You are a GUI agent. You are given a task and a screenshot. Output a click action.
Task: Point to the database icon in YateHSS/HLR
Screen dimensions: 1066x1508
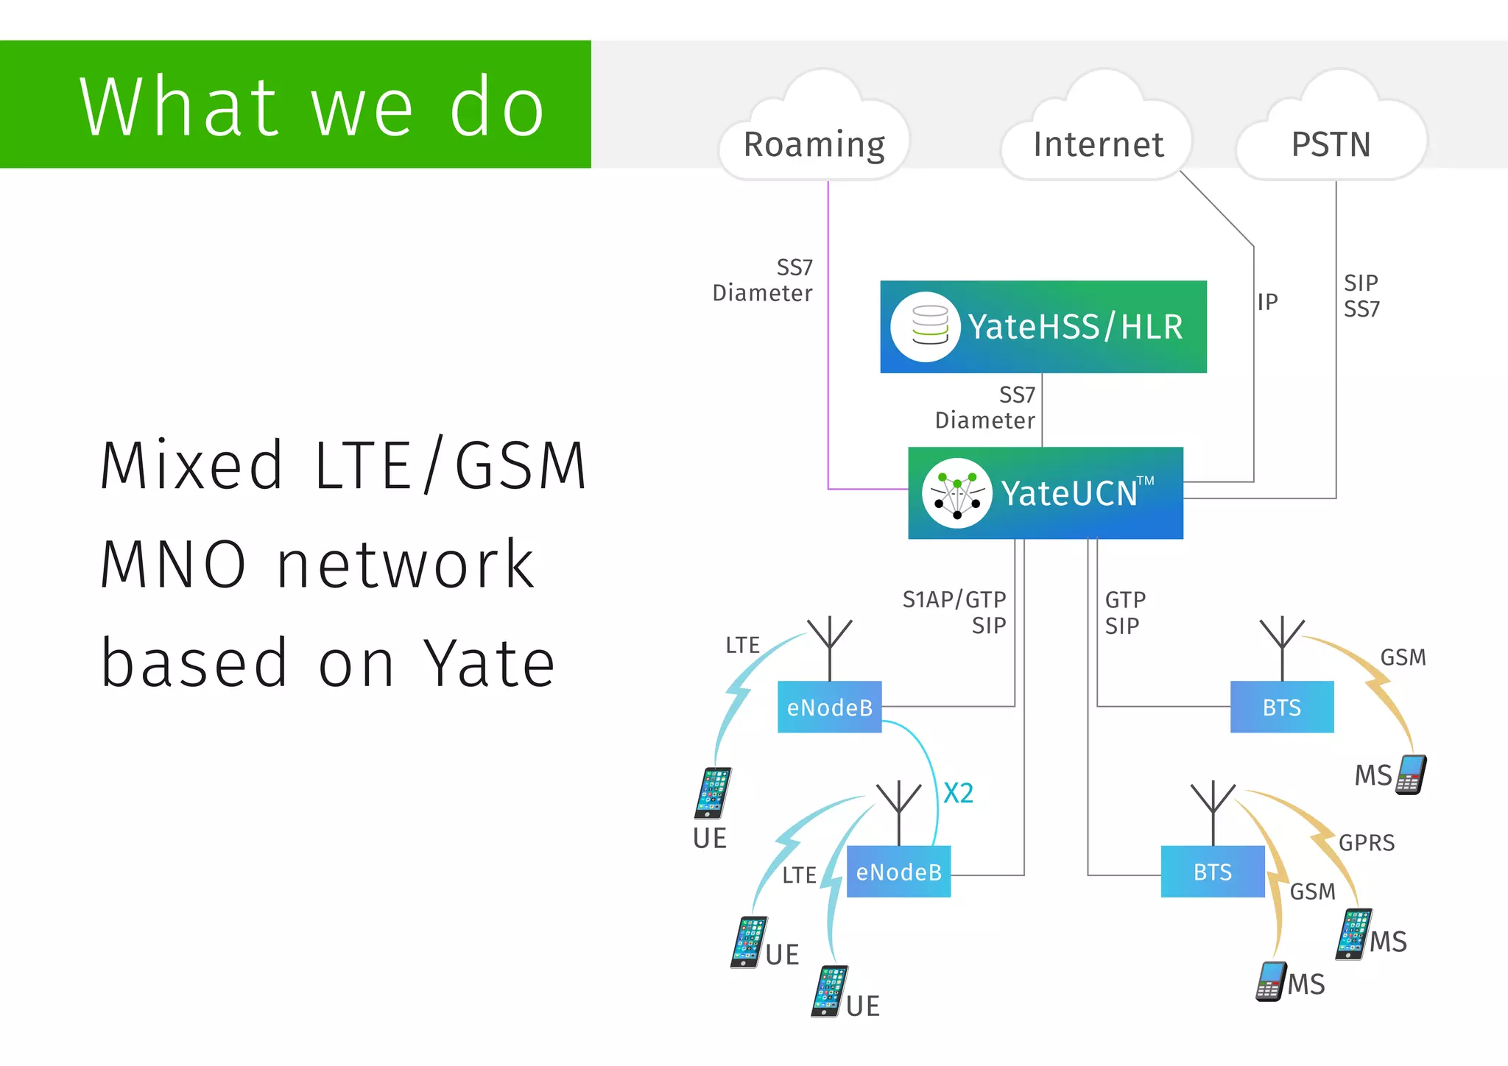[929, 326]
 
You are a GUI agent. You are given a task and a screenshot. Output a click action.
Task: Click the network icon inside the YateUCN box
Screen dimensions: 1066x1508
[957, 493]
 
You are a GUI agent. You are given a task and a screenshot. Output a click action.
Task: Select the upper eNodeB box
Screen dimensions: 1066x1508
[829, 707]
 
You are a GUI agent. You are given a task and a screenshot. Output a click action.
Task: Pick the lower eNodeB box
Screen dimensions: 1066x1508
[898, 872]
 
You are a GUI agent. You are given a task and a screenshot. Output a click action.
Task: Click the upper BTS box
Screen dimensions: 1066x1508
[1282, 707]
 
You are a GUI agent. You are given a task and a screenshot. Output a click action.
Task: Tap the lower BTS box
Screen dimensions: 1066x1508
[1213, 872]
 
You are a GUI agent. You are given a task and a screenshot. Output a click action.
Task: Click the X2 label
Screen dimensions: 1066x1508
[958, 793]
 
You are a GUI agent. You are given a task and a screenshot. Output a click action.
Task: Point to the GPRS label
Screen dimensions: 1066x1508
[1367, 842]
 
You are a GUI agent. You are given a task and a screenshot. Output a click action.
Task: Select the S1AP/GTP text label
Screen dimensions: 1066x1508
[954, 599]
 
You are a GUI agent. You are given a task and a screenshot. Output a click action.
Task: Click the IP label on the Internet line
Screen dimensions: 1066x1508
[1267, 302]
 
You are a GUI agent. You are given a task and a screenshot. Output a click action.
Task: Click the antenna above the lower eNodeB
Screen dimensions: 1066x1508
[898, 806]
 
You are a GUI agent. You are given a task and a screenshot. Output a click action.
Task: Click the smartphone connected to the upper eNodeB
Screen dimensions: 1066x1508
[713, 792]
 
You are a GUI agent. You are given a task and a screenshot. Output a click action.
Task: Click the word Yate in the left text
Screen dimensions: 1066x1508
[490, 663]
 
